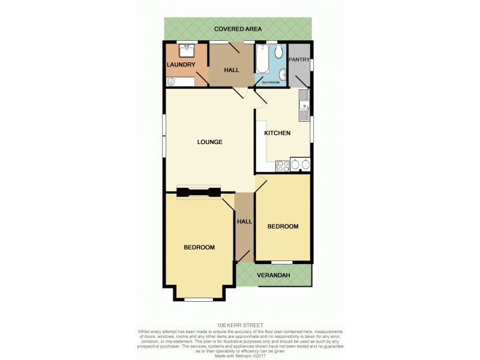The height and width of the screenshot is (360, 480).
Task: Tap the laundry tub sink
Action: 187,49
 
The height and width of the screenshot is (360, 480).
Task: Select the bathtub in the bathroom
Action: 263,59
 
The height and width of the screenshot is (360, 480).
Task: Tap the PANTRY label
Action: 299,59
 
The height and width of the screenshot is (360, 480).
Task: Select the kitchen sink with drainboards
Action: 304,103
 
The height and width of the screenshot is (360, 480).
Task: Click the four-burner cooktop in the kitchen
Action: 281,165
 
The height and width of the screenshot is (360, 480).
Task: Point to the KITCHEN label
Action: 278,133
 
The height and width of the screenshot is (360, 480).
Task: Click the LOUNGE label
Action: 210,142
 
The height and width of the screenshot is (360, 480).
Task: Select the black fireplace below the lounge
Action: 198,193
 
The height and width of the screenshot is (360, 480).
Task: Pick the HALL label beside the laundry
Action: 231,70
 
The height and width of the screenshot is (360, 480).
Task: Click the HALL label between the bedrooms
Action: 244,221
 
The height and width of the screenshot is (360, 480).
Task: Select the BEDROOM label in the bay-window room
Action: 199,247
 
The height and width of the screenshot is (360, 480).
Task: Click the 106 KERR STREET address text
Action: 239,325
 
